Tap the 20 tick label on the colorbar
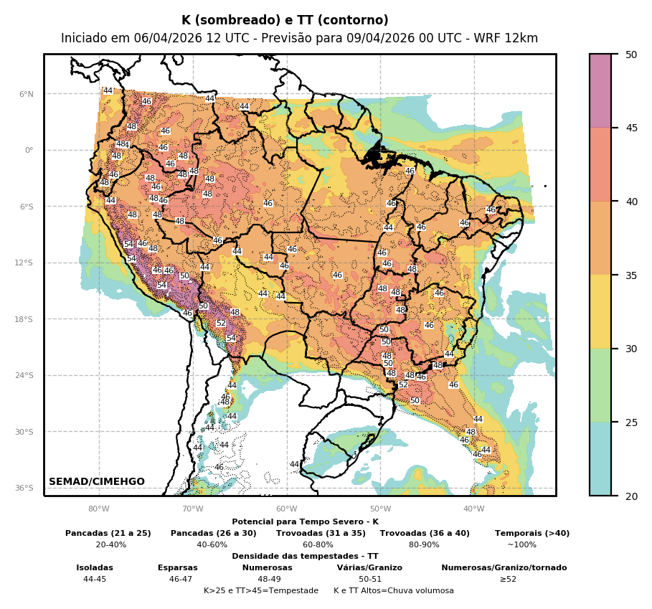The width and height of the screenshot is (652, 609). click(630, 496)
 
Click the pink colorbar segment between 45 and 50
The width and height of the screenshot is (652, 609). click(600, 90)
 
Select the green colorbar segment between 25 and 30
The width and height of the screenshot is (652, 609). click(600, 385)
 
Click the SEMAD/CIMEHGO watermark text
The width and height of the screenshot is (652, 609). click(97, 481)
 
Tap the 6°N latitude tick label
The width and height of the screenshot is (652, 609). click(27, 94)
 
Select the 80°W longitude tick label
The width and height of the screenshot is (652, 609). click(99, 509)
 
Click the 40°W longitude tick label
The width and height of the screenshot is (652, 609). click(473, 509)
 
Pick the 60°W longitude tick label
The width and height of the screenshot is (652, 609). click(286, 509)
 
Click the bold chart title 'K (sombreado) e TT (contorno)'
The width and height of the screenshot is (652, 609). click(285, 20)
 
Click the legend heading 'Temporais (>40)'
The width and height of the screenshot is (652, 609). click(532, 533)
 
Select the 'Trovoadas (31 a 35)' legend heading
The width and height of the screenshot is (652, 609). click(321, 533)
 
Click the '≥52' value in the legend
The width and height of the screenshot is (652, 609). click(508, 579)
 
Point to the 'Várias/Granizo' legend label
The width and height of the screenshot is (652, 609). click(369, 567)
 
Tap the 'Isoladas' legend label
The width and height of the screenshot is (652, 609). click(95, 567)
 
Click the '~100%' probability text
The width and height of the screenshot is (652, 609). click(521, 544)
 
